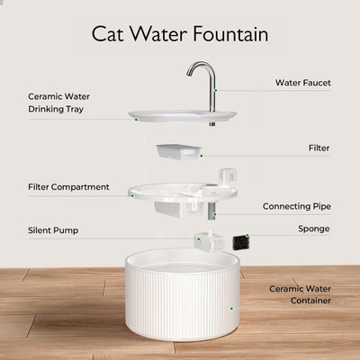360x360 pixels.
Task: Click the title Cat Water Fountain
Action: tap(180, 33)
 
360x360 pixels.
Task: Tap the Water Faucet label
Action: tap(303, 83)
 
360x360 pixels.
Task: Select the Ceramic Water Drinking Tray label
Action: tap(65, 103)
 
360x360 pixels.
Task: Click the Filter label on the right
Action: tap(319, 147)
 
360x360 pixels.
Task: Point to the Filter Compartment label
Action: tap(67, 187)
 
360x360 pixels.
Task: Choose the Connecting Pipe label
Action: tap(296, 206)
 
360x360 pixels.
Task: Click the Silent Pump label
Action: tap(52, 230)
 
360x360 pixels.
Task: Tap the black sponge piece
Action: tap(240, 242)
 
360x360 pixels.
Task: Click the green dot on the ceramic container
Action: tap(232, 308)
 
